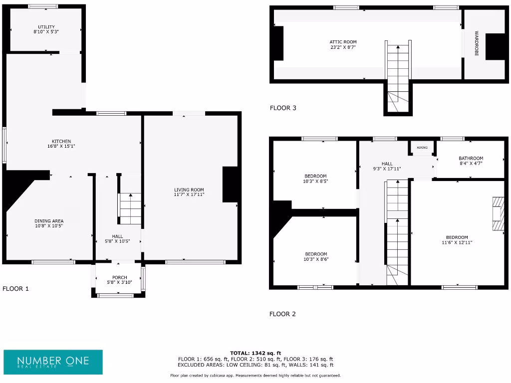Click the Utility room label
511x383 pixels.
(x=46, y=27)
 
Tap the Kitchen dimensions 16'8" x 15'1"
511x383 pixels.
(x=61, y=146)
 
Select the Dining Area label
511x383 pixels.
(x=49, y=220)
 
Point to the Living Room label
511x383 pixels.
(x=189, y=190)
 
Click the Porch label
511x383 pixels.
(x=119, y=277)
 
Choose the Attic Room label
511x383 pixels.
(x=343, y=42)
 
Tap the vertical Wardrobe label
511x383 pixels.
(x=477, y=43)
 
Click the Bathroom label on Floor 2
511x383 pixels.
(x=471, y=158)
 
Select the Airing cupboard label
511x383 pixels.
(x=422, y=148)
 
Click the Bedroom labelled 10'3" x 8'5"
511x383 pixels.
(x=315, y=176)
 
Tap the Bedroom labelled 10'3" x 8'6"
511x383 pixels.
(x=316, y=254)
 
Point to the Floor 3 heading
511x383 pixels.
(x=283, y=108)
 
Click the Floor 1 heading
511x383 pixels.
(x=15, y=288)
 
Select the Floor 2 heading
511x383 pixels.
(x=282, y=314)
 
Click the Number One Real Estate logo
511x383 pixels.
(x=53, y=362)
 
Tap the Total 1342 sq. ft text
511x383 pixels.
(x=255, y=353)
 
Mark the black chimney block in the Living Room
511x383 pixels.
(x=230, y=184)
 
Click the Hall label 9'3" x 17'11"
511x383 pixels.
(x=387, y=164)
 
